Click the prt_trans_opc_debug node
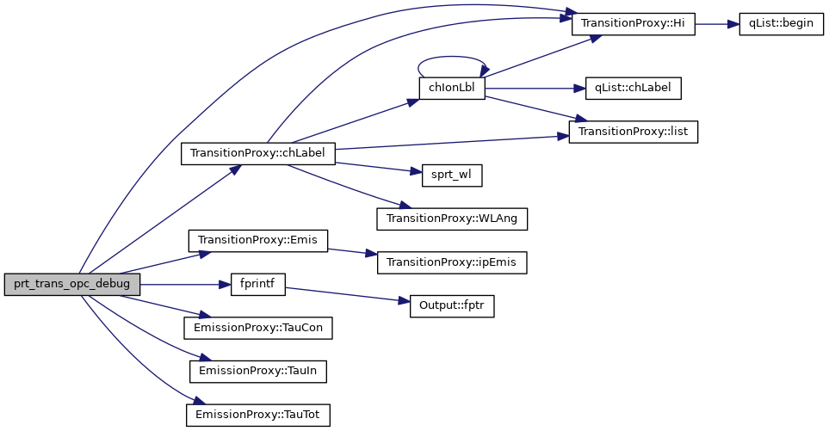(71, 285)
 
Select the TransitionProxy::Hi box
(633, 24)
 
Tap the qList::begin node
(781, 24)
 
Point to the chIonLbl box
(452, 88)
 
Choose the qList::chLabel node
(633, 88)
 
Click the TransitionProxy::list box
(633, 132)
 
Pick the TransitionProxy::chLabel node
(257, 154)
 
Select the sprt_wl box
(451, 175)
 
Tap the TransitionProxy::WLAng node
(452, 219)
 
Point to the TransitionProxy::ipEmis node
(452, 262)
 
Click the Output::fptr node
(452, 306)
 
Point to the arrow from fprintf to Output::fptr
(344, 294)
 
